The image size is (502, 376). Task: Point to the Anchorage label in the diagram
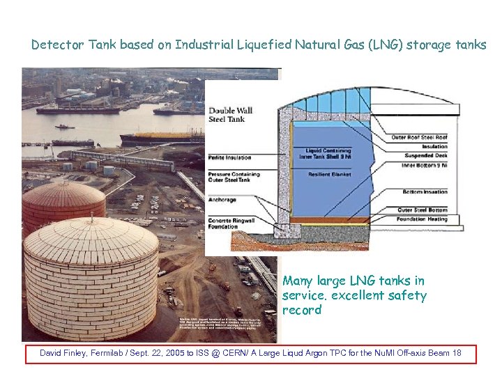[x=222, y=200]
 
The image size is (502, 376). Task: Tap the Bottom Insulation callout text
[x=425, y=191]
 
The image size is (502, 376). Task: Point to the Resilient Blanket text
[x=329, y=174]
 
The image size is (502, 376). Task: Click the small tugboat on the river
[x=64, y=127]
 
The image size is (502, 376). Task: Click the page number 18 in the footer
[x=457, y=354]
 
